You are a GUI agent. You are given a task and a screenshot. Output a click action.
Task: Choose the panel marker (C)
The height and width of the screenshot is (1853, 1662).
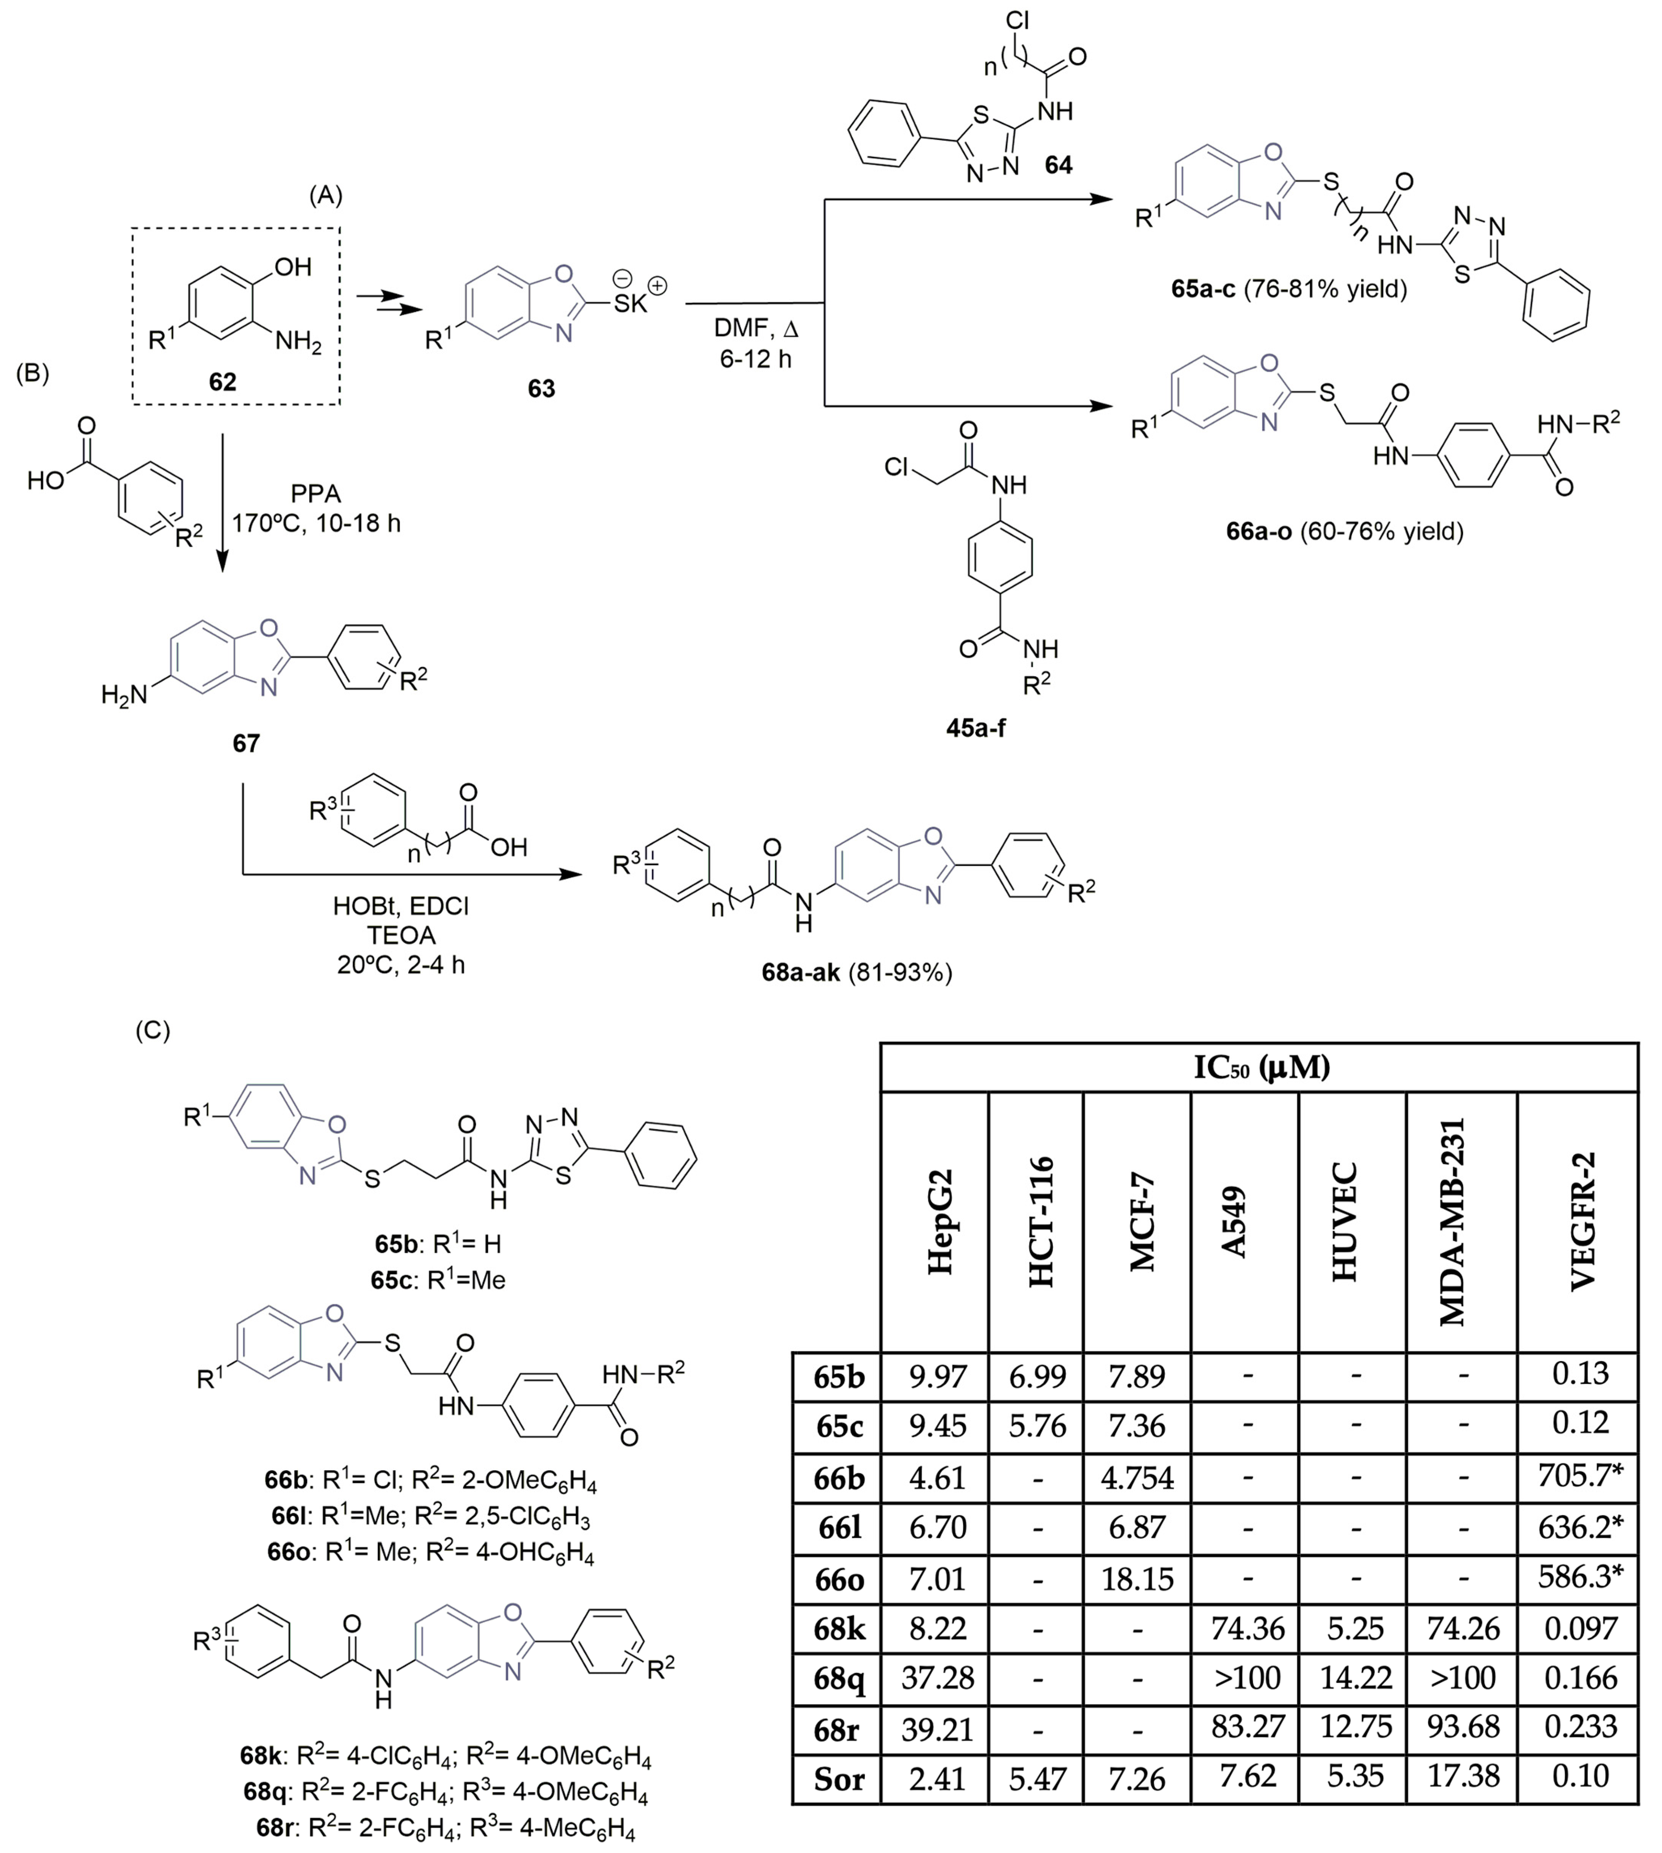[x=153, y=1030]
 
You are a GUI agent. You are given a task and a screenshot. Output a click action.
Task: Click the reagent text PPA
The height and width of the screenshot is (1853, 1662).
[x=316, y=494]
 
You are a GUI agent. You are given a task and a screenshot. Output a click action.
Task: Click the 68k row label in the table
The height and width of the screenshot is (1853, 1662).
[x=837, y=1627]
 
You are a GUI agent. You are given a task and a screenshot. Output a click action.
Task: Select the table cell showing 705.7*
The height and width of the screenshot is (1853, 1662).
[x=1580, y=1476]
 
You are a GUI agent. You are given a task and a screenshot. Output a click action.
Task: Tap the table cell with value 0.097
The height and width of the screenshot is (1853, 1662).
[x=1580, y=1627]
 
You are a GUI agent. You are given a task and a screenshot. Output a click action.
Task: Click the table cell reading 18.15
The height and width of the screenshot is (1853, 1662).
[x=1137, y=1577]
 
